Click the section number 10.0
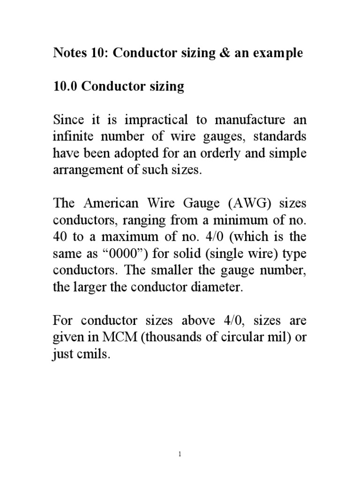point(65,87)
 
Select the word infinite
point(72,137)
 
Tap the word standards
point(280,137)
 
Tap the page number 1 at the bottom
point(180,454)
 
